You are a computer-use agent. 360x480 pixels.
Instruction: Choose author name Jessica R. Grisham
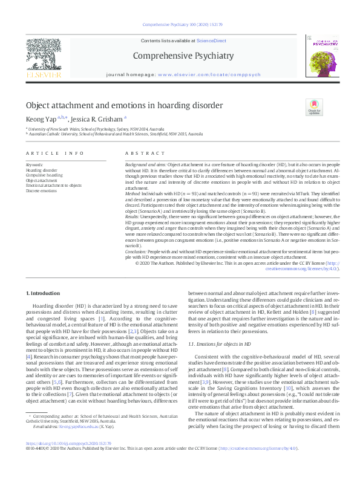(97, 119)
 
